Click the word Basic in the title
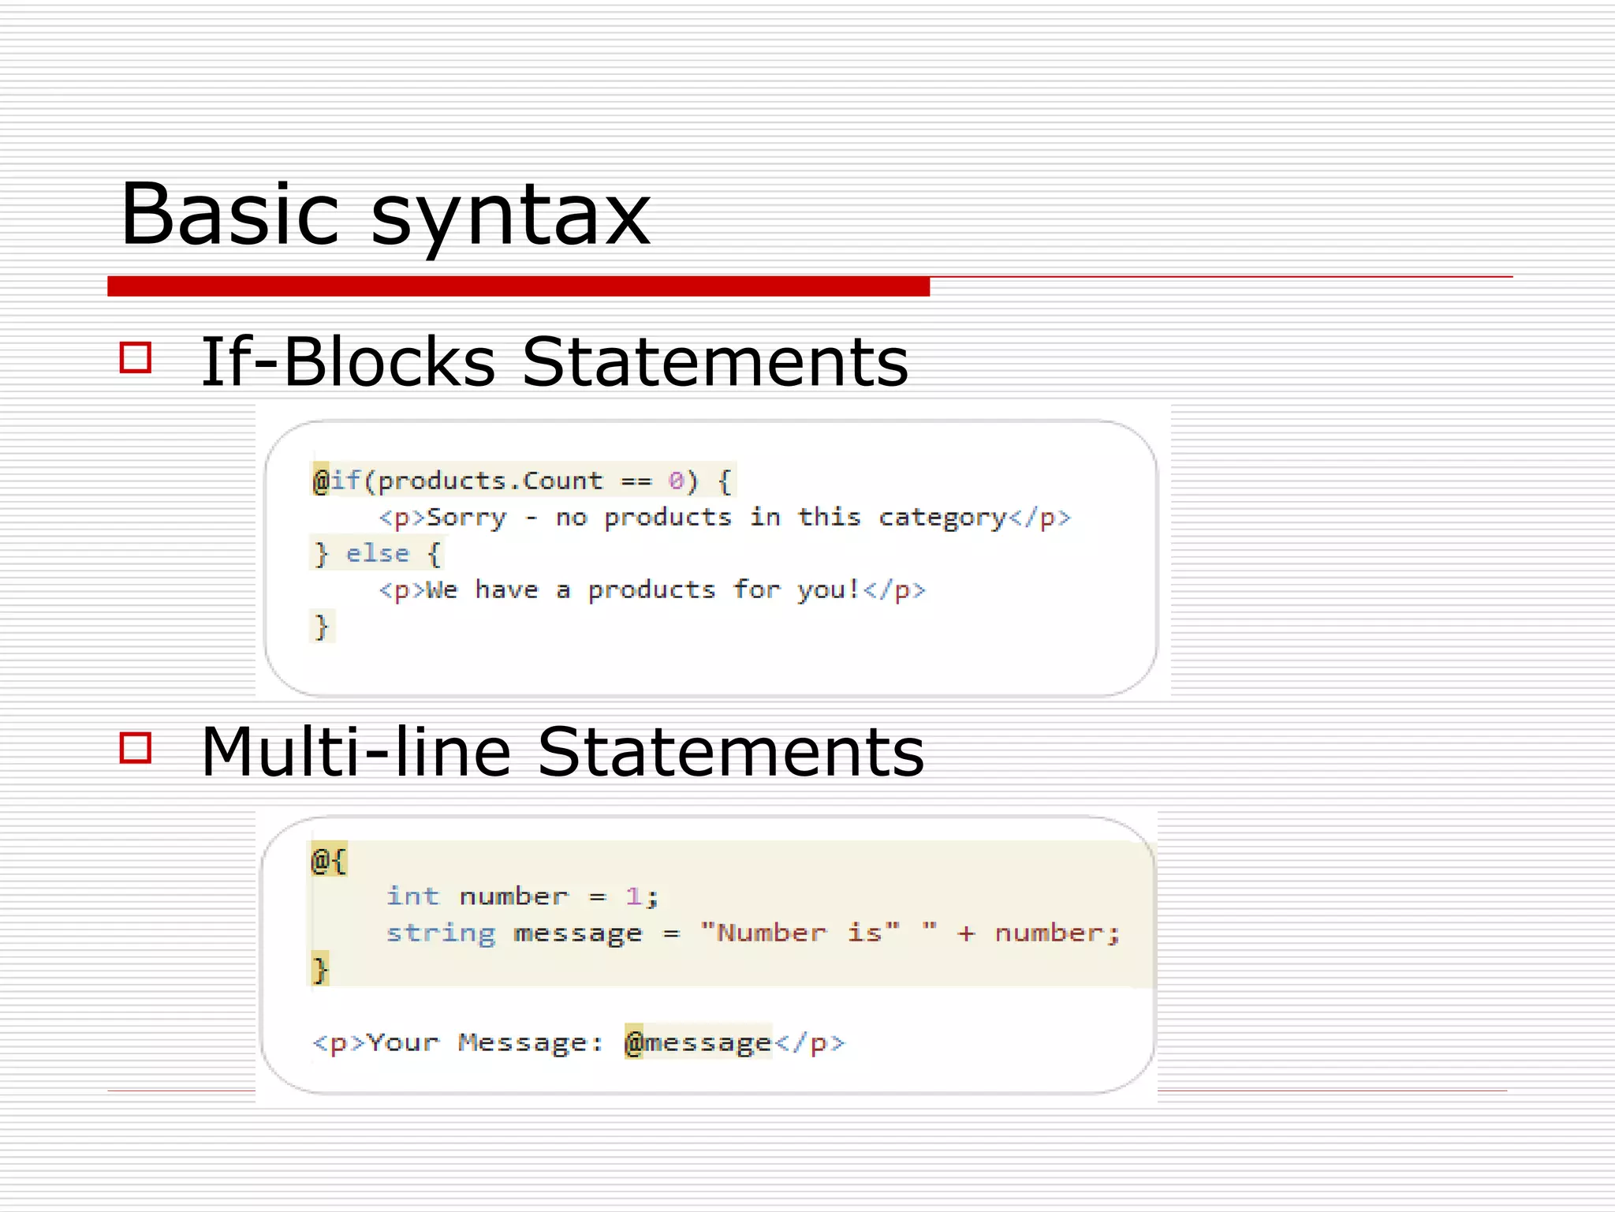(x=229, y=214)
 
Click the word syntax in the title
(x=510, y=216)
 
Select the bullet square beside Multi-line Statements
(x=135, y=747)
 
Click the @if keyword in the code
(x=337, y=481)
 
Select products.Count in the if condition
(x=490, y=481)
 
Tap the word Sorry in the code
(x=466, y=518)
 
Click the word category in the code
(x=942, y=518)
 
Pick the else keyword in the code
(x=378, y=554)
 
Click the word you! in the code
(x=828, y=590)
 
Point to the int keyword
(x=412, y=896)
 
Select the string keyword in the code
(x=441, y=933)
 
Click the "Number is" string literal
(x=800, y=933)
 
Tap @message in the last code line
(x=698, y=1042)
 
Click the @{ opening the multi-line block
(x=329, y=860)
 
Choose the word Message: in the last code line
(x=531, y=1042)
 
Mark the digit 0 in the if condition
(x=676, y=481)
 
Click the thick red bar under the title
(x=518, y=286)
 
